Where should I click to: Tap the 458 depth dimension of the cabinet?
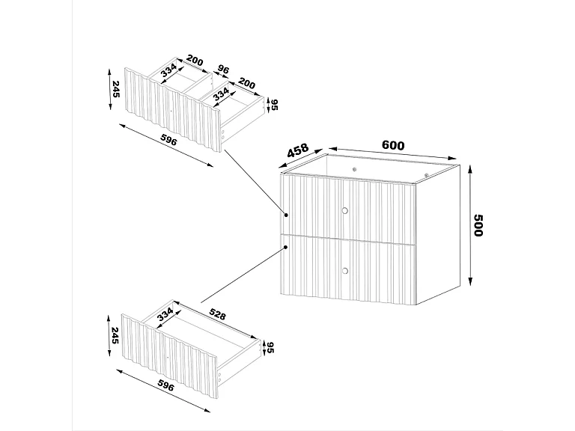pos(298,152)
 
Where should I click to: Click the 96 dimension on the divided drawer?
pos(223,69)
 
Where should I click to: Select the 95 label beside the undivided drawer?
pos(271,348)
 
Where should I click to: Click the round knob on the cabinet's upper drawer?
pos(345,210)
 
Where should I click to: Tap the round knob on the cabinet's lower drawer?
pos(345,269)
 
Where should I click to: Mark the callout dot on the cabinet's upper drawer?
pos(287,215)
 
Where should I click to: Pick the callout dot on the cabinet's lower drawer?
pos(287,243)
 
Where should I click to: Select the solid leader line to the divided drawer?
pos(255,180)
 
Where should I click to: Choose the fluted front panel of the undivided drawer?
pos(171,352)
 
